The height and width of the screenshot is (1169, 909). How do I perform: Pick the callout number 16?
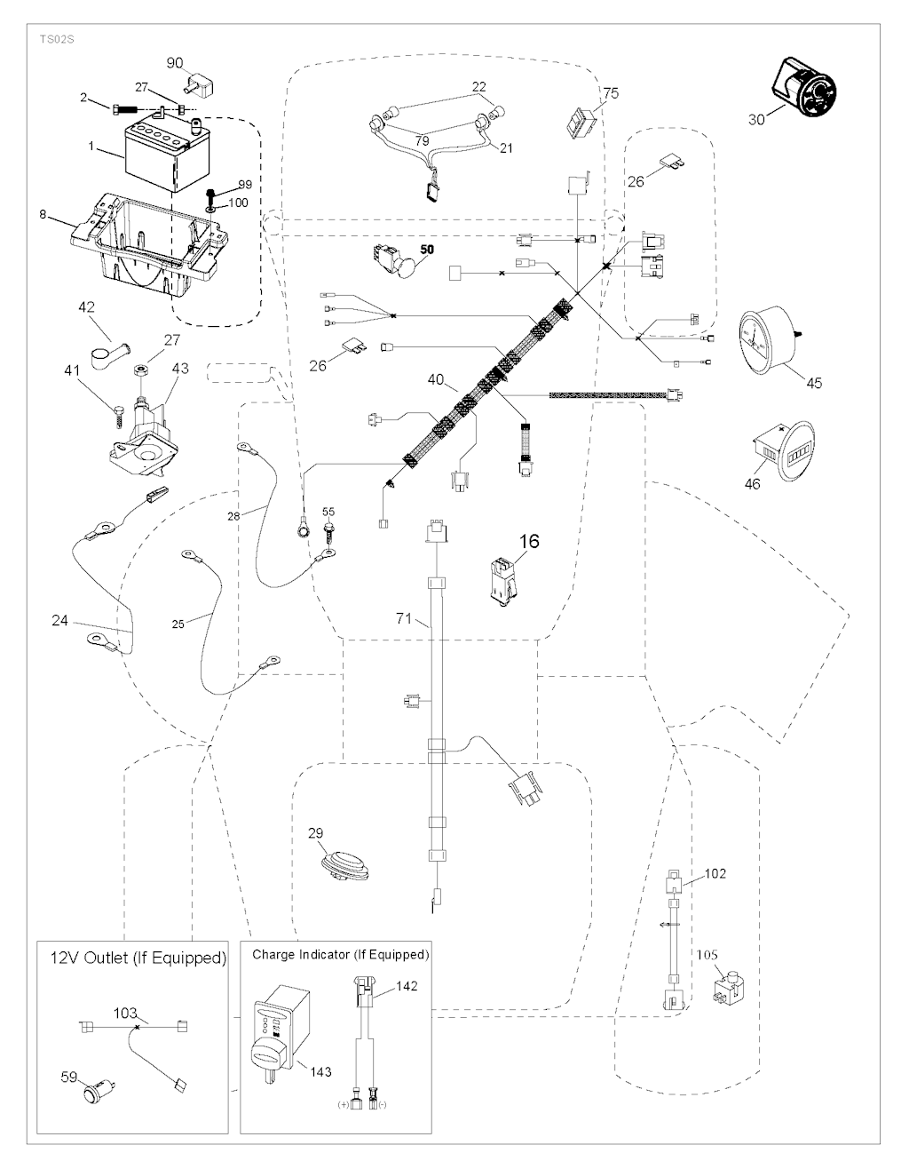pos(529,540)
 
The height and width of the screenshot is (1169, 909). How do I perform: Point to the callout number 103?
pos(125,1013)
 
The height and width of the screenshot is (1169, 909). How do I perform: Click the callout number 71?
pos(405,618)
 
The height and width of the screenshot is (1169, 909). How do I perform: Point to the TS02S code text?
pos(55,39)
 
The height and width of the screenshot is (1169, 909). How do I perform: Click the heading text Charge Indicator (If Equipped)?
pos(340,955)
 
